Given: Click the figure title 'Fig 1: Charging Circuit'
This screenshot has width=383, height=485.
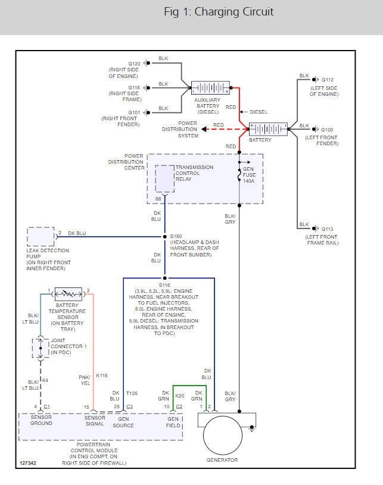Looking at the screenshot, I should click(x=219, y=12).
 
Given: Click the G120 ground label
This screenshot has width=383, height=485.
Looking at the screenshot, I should click(x=134, y=63).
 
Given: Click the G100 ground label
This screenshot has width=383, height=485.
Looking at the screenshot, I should click(x=328, y=129).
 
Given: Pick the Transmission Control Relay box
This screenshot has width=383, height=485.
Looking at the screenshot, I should click(x=164, y=178).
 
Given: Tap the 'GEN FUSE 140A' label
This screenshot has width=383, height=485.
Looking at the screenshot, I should click(x=248, y=176).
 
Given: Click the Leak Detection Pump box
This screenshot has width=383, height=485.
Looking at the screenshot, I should click(x=41, y=236).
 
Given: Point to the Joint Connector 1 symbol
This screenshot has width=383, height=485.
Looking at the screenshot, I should click(x=40, y=348).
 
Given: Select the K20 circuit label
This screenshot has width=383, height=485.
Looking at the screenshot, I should click(x=179, y=395).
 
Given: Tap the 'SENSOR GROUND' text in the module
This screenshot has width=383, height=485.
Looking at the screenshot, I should click(x=42, y=420).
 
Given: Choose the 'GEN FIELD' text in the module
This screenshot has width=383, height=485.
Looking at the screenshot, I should click(x=173, y=422).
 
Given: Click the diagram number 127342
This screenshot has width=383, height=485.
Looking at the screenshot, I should click(x=27, y=462).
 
